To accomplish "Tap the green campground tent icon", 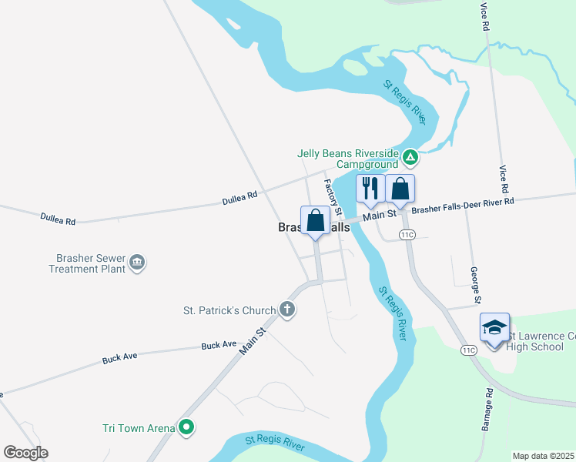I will coord(411,159).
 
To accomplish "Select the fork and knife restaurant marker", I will coord(370,189).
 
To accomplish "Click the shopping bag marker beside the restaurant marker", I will coord(400,189).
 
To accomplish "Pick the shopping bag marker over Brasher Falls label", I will coord(316,221).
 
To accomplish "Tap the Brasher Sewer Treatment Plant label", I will coord(87,263).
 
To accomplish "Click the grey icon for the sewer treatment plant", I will coord(138,263).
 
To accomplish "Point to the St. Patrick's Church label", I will coord(229,311).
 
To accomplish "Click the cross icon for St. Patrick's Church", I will coord(286,310).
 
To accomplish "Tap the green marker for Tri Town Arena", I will coord(186,427).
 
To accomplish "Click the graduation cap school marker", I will coord(494,327).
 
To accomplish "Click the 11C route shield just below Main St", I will coord(407,234).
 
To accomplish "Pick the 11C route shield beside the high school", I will coord(469,350).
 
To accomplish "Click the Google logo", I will coord(25,453).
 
